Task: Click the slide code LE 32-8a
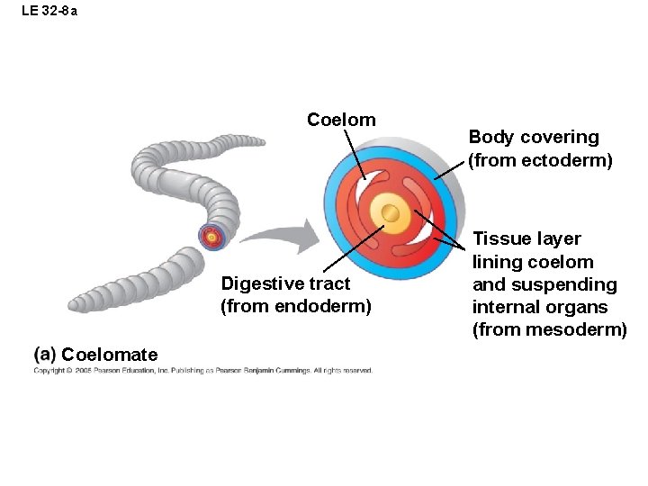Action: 49,12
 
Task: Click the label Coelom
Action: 341,120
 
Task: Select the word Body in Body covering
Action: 490,137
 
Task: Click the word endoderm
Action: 326,306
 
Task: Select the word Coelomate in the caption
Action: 109,355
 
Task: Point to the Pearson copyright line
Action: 202,370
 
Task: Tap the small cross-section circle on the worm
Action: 211,237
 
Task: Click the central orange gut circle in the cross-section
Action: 391,212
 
